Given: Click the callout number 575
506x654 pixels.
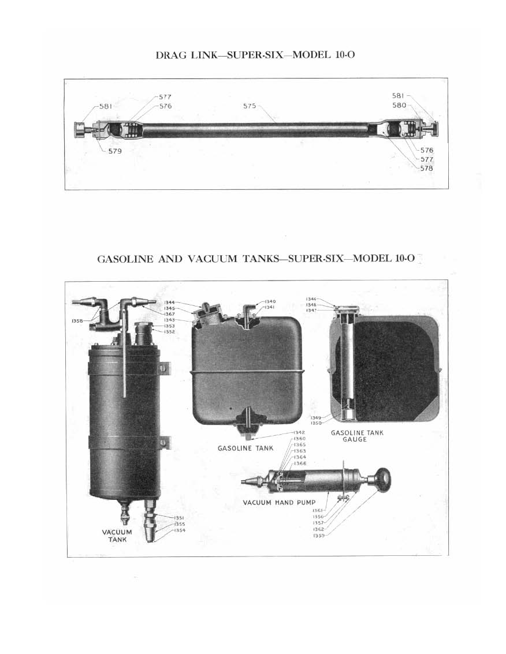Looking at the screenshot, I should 250,106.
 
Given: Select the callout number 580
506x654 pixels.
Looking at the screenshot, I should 399,106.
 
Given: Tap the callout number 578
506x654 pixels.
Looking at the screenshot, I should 427,168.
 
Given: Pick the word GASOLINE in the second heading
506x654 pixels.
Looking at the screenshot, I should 125,259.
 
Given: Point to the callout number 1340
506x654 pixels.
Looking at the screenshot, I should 270,301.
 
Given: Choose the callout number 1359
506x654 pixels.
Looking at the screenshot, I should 318,536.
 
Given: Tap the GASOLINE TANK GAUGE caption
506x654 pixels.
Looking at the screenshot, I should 357,436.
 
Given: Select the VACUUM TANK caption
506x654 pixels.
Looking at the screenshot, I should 117,536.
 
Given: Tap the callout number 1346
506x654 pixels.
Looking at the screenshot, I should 315,299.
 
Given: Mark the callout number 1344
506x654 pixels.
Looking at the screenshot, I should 169,302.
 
